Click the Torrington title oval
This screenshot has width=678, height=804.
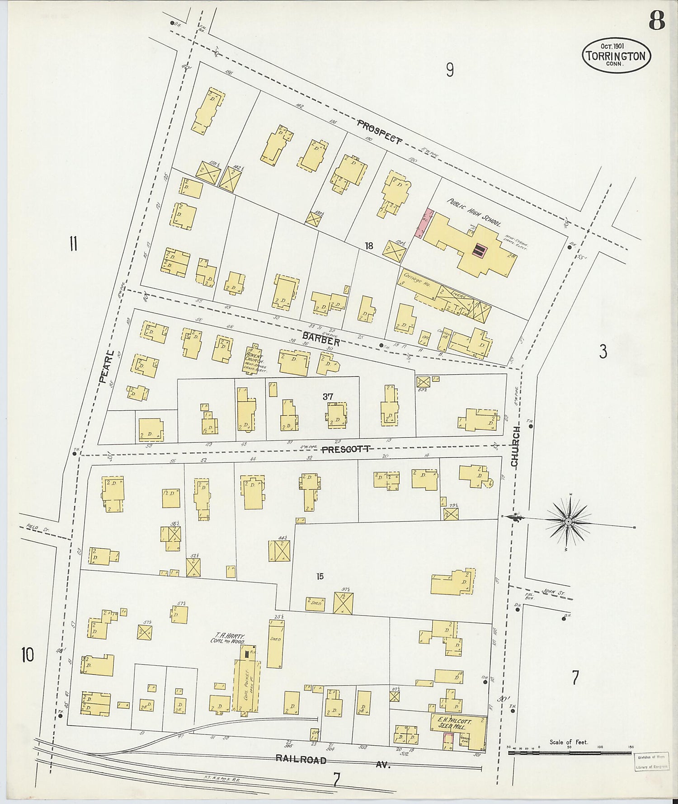point(616,56)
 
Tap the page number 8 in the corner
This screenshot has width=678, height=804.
point(656,20)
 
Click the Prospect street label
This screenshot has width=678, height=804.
point(379,132)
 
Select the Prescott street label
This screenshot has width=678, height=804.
point(346,449)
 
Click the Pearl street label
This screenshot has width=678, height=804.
point(107,366)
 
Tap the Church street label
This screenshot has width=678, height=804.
point(515,446)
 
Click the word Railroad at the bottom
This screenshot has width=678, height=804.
point(301,760)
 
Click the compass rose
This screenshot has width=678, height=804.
point(568,521)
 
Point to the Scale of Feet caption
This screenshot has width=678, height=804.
point(569,742)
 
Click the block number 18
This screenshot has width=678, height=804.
point(369,245)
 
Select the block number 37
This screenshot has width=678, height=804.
point(328,396)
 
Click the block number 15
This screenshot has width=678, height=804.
point(320,576)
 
